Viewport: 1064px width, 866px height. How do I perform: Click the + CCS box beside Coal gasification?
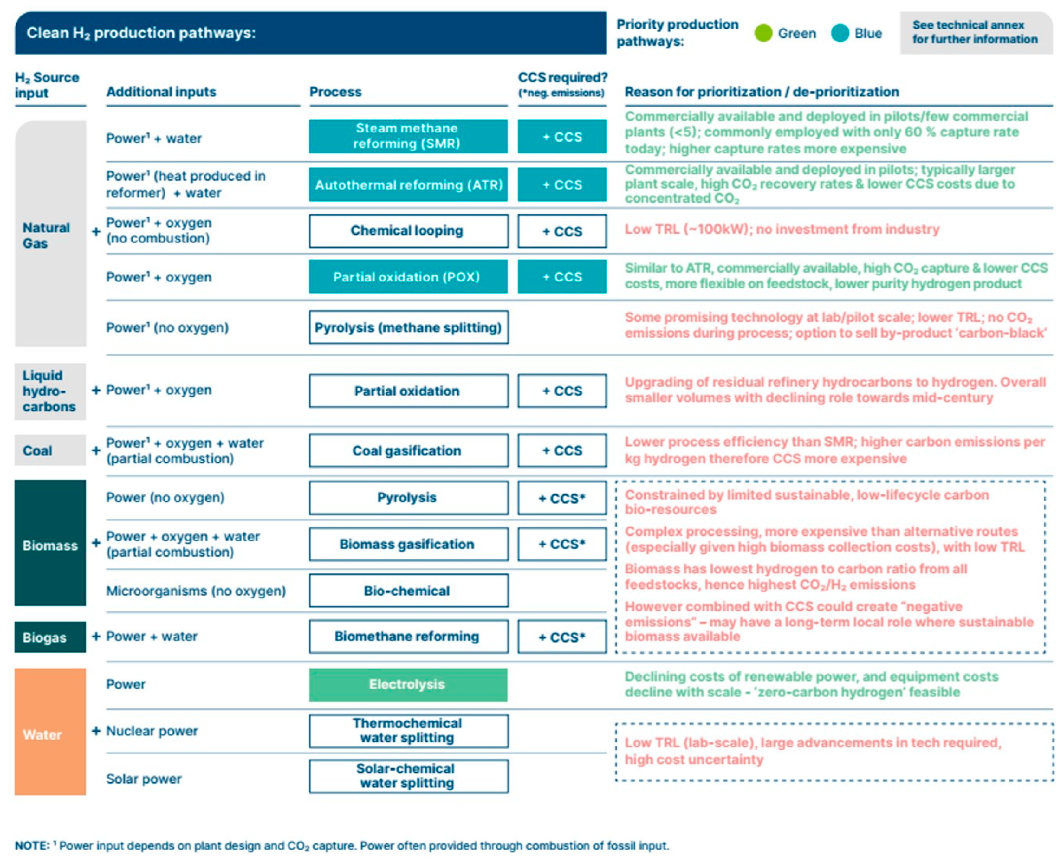tap(562, 450)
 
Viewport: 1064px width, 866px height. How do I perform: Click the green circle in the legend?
tap(763, 33)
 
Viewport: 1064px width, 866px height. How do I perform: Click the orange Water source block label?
tap(42, 734)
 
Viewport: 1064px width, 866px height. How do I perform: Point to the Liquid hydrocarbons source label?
tap(49, 391)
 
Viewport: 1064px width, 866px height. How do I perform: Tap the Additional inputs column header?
tap(161, 92)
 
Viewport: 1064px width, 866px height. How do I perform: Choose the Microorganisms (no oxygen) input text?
tap(196, 591)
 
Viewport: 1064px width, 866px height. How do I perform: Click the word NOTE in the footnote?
tap(31, 845)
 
